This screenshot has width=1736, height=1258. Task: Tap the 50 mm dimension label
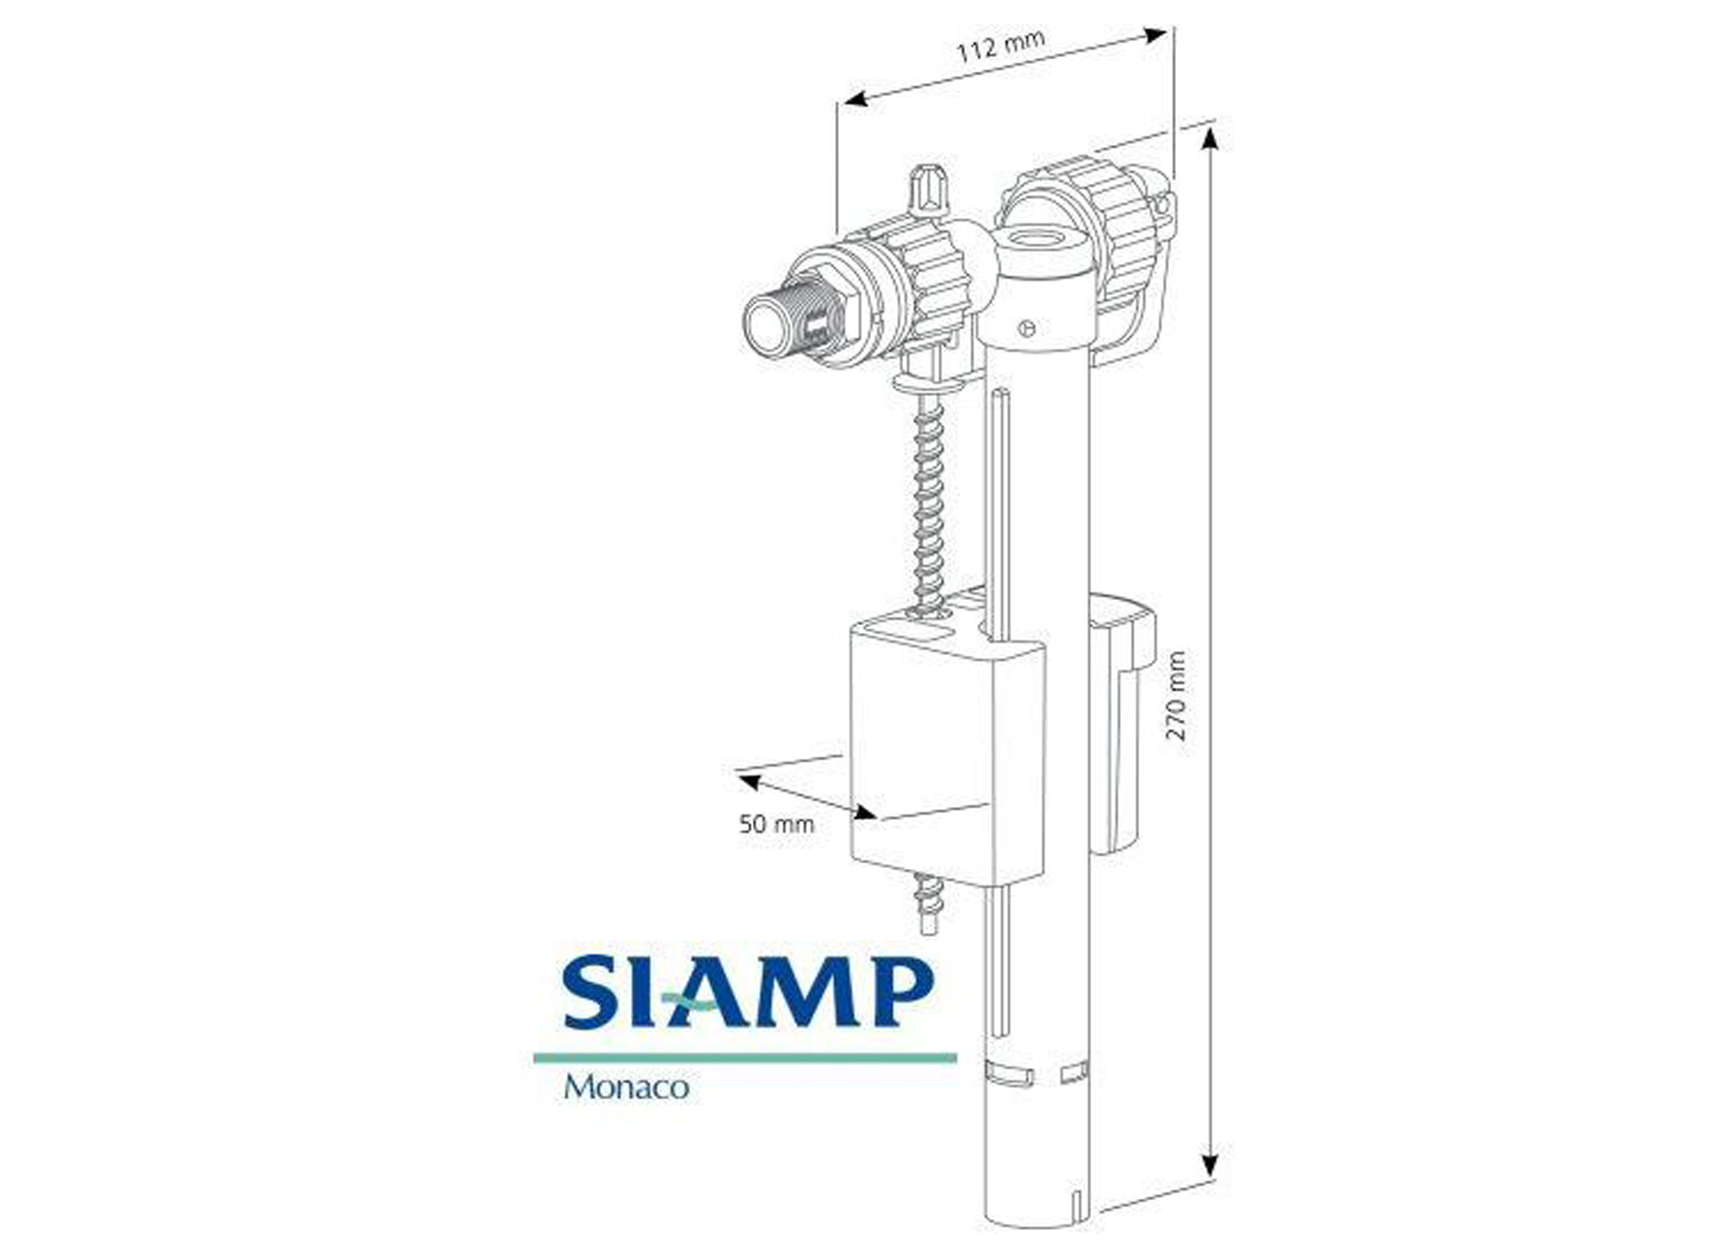(x=776, y=824)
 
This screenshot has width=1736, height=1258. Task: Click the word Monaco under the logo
(x=626, y=1087)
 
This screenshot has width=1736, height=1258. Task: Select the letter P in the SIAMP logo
(x=899, y=992)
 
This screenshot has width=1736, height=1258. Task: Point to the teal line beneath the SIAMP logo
(x=745, y=1058)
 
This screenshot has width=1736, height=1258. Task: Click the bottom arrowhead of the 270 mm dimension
(x=1210, y=1165)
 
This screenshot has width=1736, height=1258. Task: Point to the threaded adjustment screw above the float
(x=929, y=503)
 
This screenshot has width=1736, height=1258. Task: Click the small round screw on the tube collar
(x=1027, y=329)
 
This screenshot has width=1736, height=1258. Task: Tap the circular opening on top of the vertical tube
(x=1041, y=240)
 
